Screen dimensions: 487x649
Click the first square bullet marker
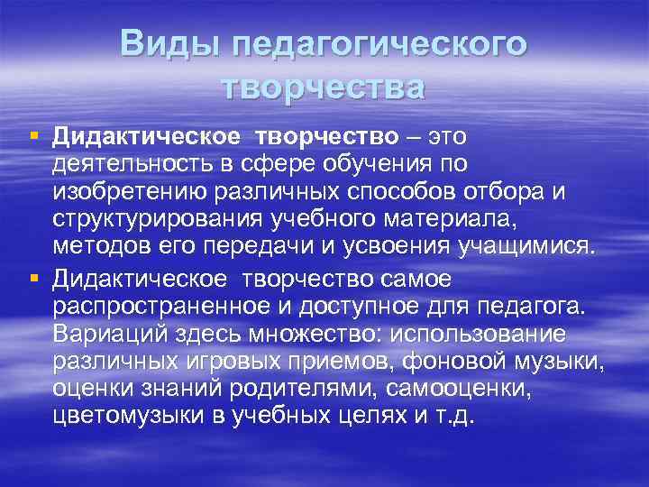click(x=34, y=136)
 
